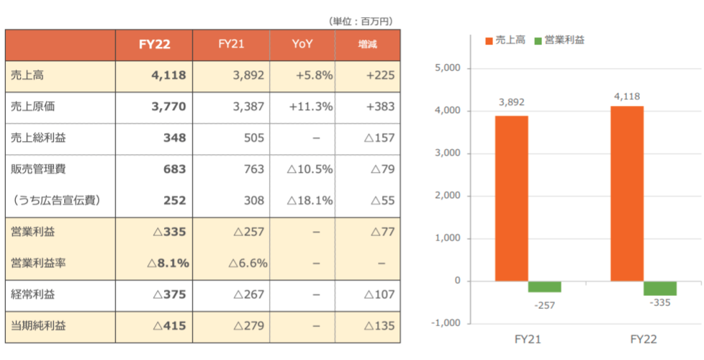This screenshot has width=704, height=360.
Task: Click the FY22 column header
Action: pos(154,45)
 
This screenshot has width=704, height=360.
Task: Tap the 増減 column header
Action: pos(368,45)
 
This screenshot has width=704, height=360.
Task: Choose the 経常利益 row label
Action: pos(33,294)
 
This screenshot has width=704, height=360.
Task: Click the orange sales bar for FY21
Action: pos(511,198)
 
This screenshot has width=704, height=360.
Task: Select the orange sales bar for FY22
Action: pos(627,193)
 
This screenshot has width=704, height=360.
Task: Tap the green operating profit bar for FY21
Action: pos(545,287)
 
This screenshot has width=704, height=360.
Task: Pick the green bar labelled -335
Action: pos(660,288)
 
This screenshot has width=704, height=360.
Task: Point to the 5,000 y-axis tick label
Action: pos(447,68)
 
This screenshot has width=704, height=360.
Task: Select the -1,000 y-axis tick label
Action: pos(445,323)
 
